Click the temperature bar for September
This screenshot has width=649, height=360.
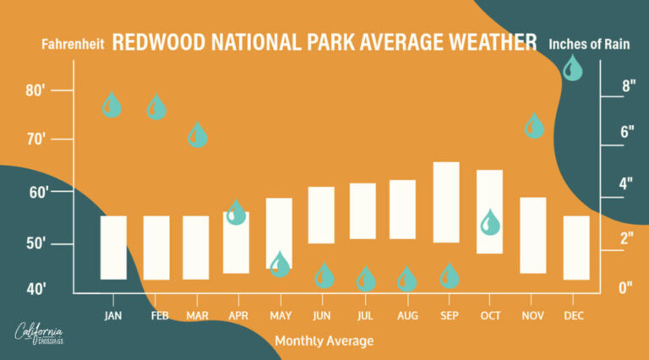446,202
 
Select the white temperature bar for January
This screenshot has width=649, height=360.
113,248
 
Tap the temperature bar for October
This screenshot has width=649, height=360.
490,211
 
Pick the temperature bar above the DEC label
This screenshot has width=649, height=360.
576,248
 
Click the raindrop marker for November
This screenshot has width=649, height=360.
534,127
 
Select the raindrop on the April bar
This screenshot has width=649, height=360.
237,213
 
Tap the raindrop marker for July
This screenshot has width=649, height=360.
366,279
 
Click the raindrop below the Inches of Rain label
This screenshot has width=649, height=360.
572,68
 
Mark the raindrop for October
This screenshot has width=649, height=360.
490,223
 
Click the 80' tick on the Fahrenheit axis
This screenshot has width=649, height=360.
36,90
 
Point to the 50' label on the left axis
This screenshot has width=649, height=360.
36,245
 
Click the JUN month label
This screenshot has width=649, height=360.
321,314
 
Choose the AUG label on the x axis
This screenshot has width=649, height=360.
406,314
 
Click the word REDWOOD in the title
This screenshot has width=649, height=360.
158,42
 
